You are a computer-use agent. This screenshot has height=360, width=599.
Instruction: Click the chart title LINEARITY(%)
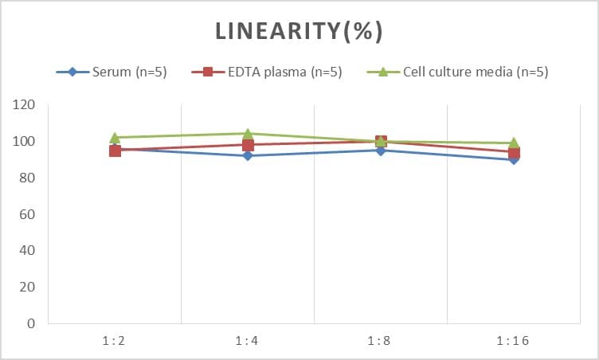point(299,31)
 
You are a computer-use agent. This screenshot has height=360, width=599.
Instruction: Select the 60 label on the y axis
point(27,214)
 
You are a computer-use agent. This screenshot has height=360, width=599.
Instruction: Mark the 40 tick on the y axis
point(27,251)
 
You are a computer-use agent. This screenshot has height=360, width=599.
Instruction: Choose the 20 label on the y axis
point(27,288)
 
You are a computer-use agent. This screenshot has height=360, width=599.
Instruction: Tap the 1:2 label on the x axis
point(115,341)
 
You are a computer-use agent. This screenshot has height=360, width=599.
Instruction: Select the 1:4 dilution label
point(248,341)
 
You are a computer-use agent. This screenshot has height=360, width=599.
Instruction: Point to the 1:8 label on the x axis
point(381,341)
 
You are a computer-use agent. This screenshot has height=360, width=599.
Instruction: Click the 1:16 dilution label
point(514,341)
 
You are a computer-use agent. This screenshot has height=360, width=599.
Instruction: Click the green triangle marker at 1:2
point(115,137)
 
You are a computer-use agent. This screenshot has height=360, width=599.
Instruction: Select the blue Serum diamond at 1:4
point(248,155)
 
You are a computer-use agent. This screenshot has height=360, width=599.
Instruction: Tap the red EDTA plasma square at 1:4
point(248,145)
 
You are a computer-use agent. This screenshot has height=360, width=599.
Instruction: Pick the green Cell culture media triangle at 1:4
point(248,134)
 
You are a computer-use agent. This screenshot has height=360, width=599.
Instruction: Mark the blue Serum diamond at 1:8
point(381,151)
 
